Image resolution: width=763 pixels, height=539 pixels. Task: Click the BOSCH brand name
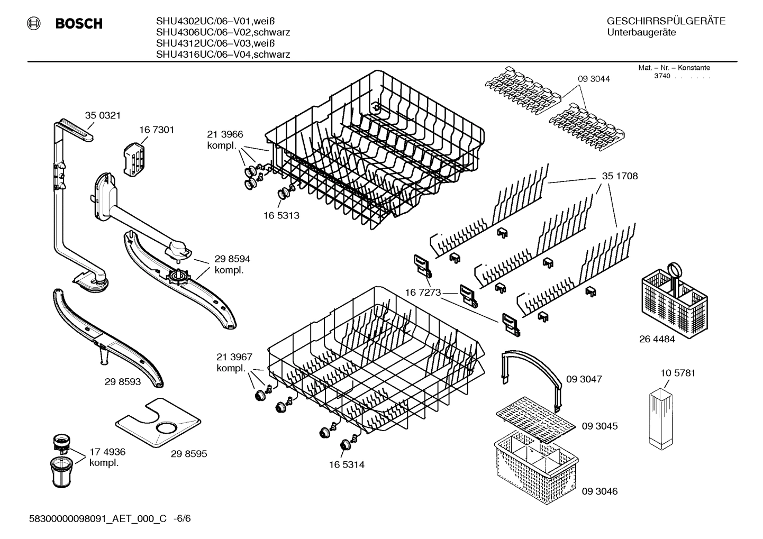(x=79, y=24)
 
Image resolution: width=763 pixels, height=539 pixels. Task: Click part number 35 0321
(x=103, y=115)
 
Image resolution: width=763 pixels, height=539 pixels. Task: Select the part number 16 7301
(x=157, y=130)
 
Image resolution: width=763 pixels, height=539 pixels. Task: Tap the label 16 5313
(x=281, y=215)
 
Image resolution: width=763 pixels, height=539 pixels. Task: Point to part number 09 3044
(x=594, y=79)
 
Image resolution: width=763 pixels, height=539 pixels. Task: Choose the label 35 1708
(x=620, y=176)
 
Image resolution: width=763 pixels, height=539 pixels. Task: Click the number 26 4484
(x=657, y=340)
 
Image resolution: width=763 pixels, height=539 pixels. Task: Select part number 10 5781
(x=678, y=373)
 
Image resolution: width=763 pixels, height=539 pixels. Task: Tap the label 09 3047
(x=584, y=379)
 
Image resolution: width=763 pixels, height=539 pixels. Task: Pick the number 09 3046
(x=599, y=491)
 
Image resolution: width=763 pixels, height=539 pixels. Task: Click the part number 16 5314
(x=346, y=465)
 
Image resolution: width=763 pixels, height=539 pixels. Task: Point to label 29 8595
(x=189, y=454)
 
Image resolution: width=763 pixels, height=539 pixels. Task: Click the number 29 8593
(x=123, y=381)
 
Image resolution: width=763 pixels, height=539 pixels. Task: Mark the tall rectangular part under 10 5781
(x=662, y=418)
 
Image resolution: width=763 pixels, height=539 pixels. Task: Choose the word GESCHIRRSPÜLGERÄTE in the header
(x=666, y=22)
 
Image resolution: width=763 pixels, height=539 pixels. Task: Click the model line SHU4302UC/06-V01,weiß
(x=215, y=22)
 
